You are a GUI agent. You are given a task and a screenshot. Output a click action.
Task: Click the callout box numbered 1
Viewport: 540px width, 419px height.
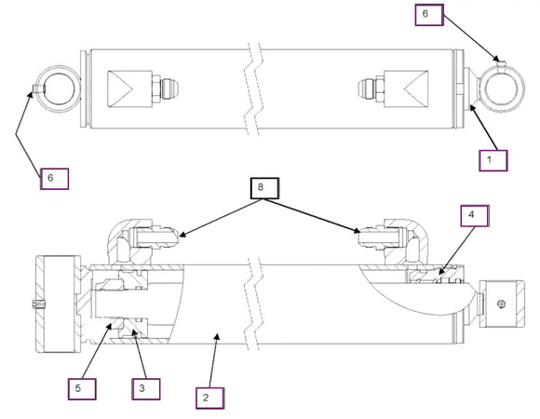point(493,160)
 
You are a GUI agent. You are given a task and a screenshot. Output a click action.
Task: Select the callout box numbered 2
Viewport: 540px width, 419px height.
point(210,398)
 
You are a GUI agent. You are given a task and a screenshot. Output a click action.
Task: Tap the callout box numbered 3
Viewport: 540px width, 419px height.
point(146,389)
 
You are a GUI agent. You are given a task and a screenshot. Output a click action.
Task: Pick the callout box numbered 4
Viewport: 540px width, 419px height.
point(475,216)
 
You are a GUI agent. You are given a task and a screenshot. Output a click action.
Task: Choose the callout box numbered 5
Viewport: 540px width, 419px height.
point(82,389)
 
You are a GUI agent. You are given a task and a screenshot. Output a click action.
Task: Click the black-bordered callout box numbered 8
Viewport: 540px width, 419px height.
point(264,188)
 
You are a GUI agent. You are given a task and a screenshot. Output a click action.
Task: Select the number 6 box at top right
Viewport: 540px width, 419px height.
point(429,15)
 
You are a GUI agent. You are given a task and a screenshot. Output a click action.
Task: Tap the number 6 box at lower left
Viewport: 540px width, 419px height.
point(54,179)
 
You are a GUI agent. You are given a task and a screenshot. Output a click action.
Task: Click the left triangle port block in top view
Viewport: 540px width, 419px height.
point(129,89)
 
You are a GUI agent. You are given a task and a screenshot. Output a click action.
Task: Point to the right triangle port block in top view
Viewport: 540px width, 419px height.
point(406,88)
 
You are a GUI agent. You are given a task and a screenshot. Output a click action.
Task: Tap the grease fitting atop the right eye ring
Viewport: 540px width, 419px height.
point(502,64)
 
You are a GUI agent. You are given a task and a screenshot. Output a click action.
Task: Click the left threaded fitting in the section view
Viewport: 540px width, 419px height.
point(157,237)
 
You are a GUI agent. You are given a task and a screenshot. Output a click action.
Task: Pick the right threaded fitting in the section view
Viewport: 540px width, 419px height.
point(380,237)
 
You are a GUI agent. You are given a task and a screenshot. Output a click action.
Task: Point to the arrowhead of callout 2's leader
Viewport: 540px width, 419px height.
point(217,335)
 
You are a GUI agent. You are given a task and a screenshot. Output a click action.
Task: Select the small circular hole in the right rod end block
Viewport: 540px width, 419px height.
point(502,304)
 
